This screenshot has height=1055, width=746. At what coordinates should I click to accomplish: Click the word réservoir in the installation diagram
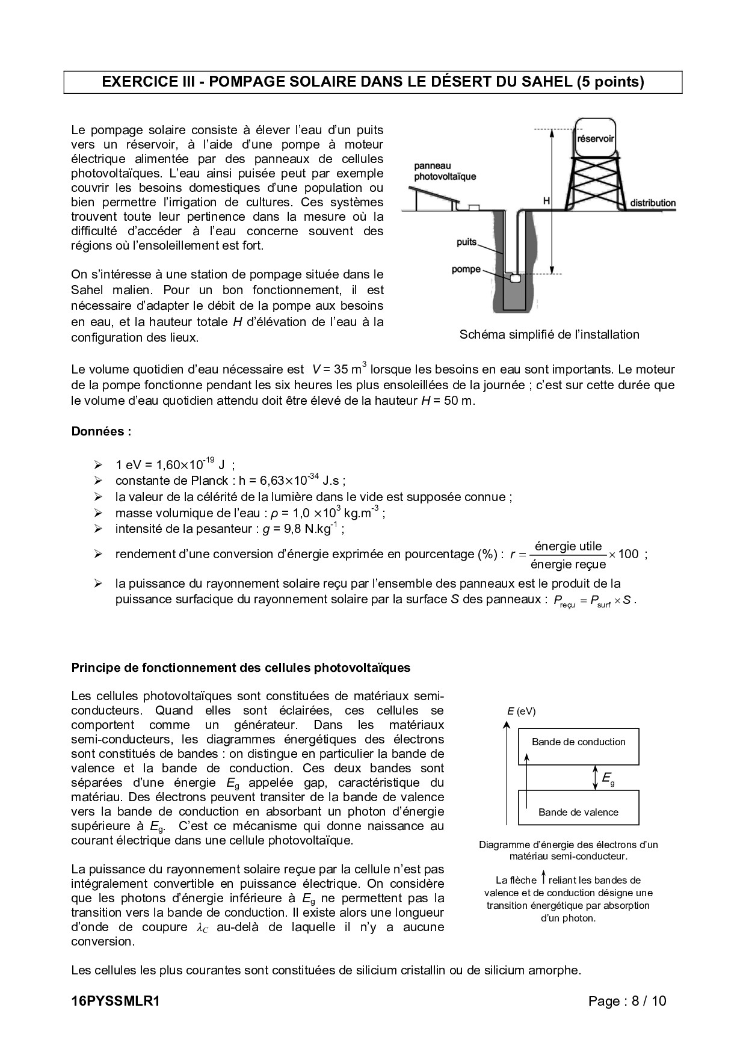click(x=595, y=138)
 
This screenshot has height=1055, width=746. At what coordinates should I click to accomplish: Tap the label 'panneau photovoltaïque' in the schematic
click(x=445, y=171)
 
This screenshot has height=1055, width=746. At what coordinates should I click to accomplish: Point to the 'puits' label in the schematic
click(x=466, y=242)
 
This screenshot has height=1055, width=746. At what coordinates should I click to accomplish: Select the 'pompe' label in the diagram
click(x=466, y=269)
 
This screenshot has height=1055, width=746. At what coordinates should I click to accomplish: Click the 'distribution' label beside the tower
click(x=653, y=203)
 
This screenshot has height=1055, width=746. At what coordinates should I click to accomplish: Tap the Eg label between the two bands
click(x=608, y=778)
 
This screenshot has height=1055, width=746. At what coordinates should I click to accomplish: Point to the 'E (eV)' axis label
click(x=521, y=712)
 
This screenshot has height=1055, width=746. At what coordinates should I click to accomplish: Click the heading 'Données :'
click(x=101, y=431)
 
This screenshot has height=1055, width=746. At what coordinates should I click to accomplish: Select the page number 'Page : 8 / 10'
click(x=627, y=1001)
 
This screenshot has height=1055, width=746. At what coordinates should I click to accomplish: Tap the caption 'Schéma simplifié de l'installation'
click(x=549, y=334)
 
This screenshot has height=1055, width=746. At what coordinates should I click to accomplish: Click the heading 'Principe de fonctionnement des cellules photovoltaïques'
click(x=241, y=668)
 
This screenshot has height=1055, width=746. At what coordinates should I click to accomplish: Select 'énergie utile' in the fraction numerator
click(x=568, y=546)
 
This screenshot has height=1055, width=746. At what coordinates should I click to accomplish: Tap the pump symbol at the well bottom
click(x=515, y=278)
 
